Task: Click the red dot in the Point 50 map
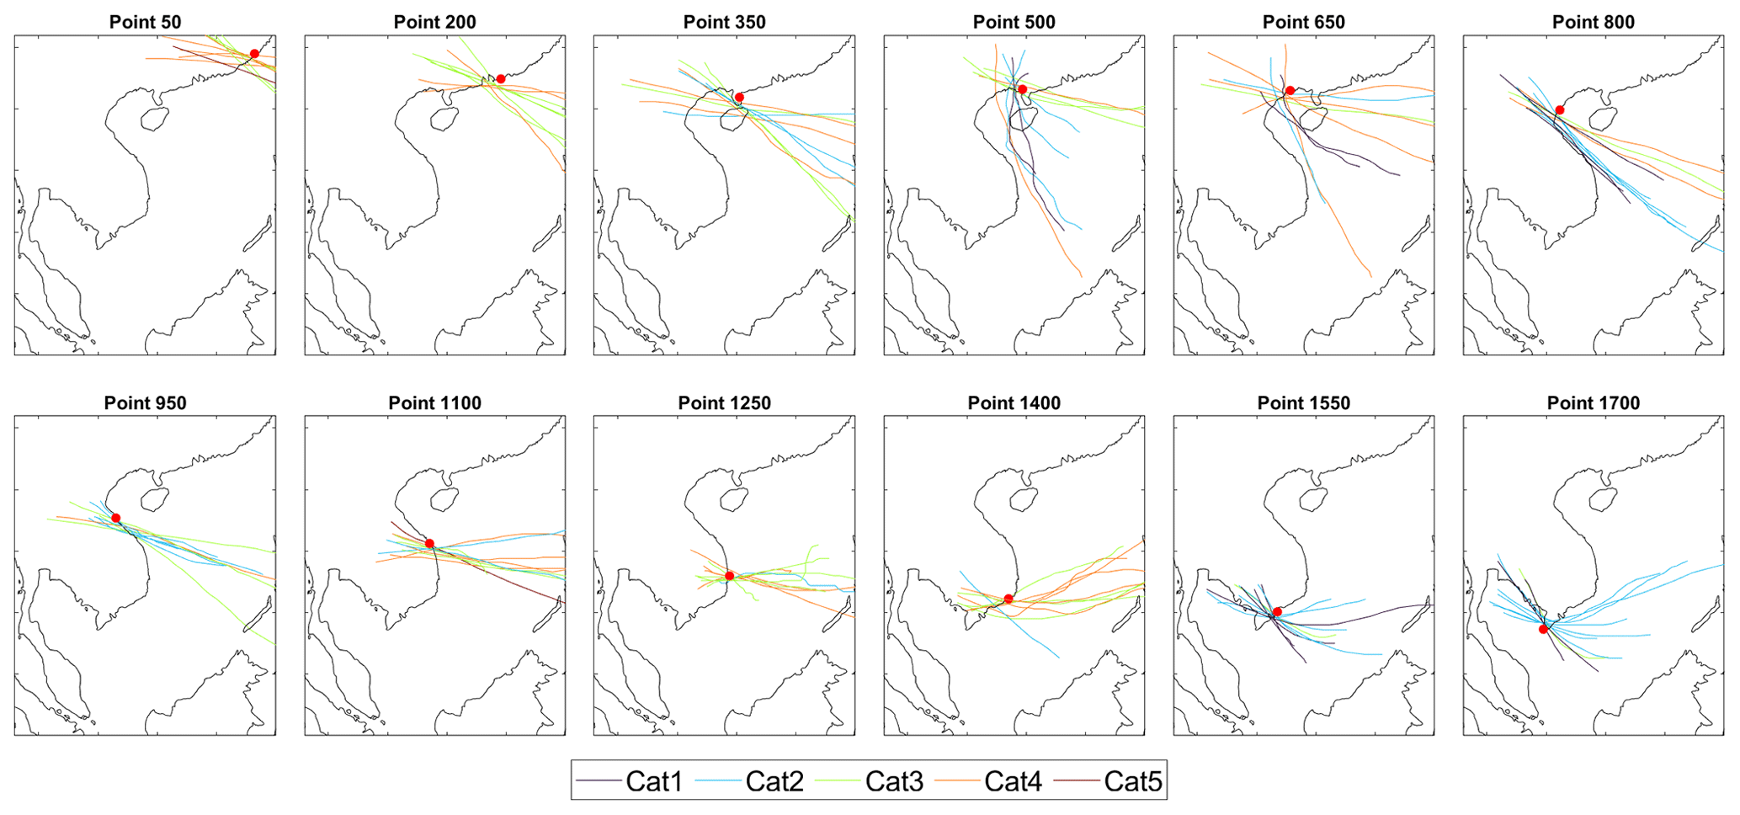[x=254, y=54]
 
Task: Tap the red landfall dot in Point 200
[x=501, y=79]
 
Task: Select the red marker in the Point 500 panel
[x=1023, y=89]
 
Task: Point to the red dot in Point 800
[x=1560, y=110]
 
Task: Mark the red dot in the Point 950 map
[x=116, y=518]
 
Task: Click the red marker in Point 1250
[x=730, y=576]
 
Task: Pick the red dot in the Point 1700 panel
[x=1543, y=629]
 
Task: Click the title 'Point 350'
[x=724, y=23]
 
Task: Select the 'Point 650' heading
[x=1303, y=23]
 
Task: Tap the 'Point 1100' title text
[x=434, y=403]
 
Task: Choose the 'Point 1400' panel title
[x=1014, y=403]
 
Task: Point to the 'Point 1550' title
[x=1303, y=403]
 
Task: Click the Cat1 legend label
[x=654, y=781]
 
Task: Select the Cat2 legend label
[x=774, y=781]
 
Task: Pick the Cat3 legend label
[x=894, y=781]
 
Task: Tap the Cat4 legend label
[x=1013, y=781]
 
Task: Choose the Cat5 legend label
[x=1132, y=781]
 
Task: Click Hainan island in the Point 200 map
[x=444, y=119]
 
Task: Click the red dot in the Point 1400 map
[x=1008, y=599]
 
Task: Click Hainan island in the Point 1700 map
[x=1603, y=499]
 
